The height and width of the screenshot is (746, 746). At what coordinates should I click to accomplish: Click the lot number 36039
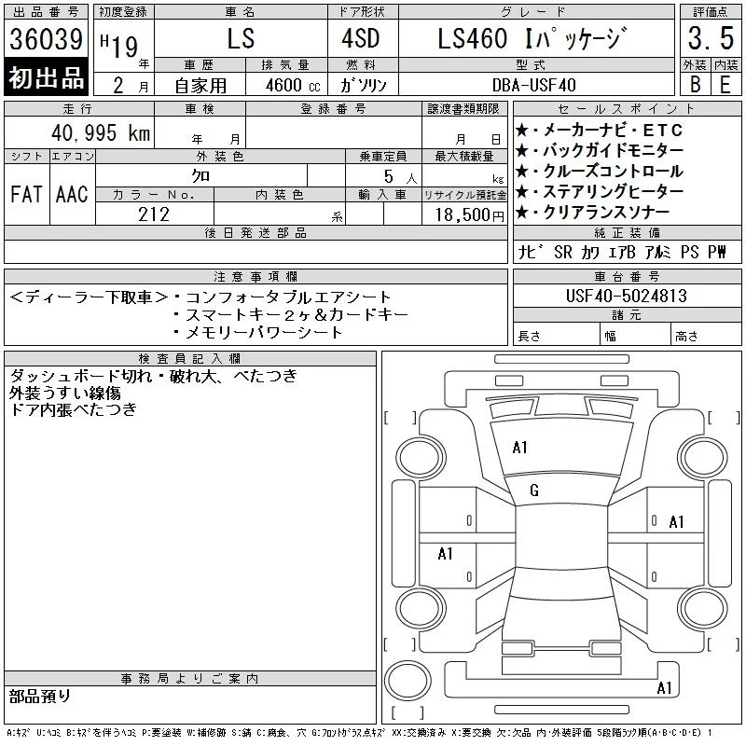46,39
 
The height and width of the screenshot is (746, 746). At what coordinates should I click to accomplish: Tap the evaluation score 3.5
711,38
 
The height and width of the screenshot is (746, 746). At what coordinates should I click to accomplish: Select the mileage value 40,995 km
101,132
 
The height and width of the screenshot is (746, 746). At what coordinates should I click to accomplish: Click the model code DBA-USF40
533,85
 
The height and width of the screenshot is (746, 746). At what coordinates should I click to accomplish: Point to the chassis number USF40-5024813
626,296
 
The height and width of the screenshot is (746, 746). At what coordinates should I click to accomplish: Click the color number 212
154,214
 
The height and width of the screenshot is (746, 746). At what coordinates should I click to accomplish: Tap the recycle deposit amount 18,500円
469,214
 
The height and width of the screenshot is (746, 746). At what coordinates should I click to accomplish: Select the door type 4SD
361,38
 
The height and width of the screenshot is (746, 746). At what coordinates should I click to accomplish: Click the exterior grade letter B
695,84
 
